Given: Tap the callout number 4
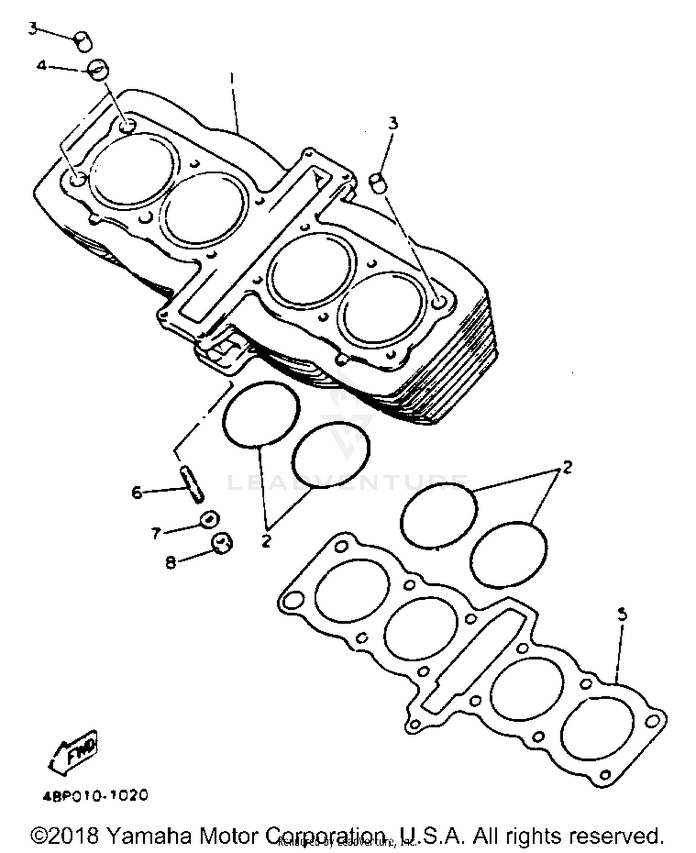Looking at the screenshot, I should pos(41,66).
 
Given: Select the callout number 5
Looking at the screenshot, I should pos(622,614).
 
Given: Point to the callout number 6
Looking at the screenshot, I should pos(136,492).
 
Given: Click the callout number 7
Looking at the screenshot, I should pos(155,533).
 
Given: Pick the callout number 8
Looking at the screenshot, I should pos(171,562).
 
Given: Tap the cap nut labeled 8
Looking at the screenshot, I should pos(222,542).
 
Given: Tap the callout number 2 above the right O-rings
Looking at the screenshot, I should pos(567,467).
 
